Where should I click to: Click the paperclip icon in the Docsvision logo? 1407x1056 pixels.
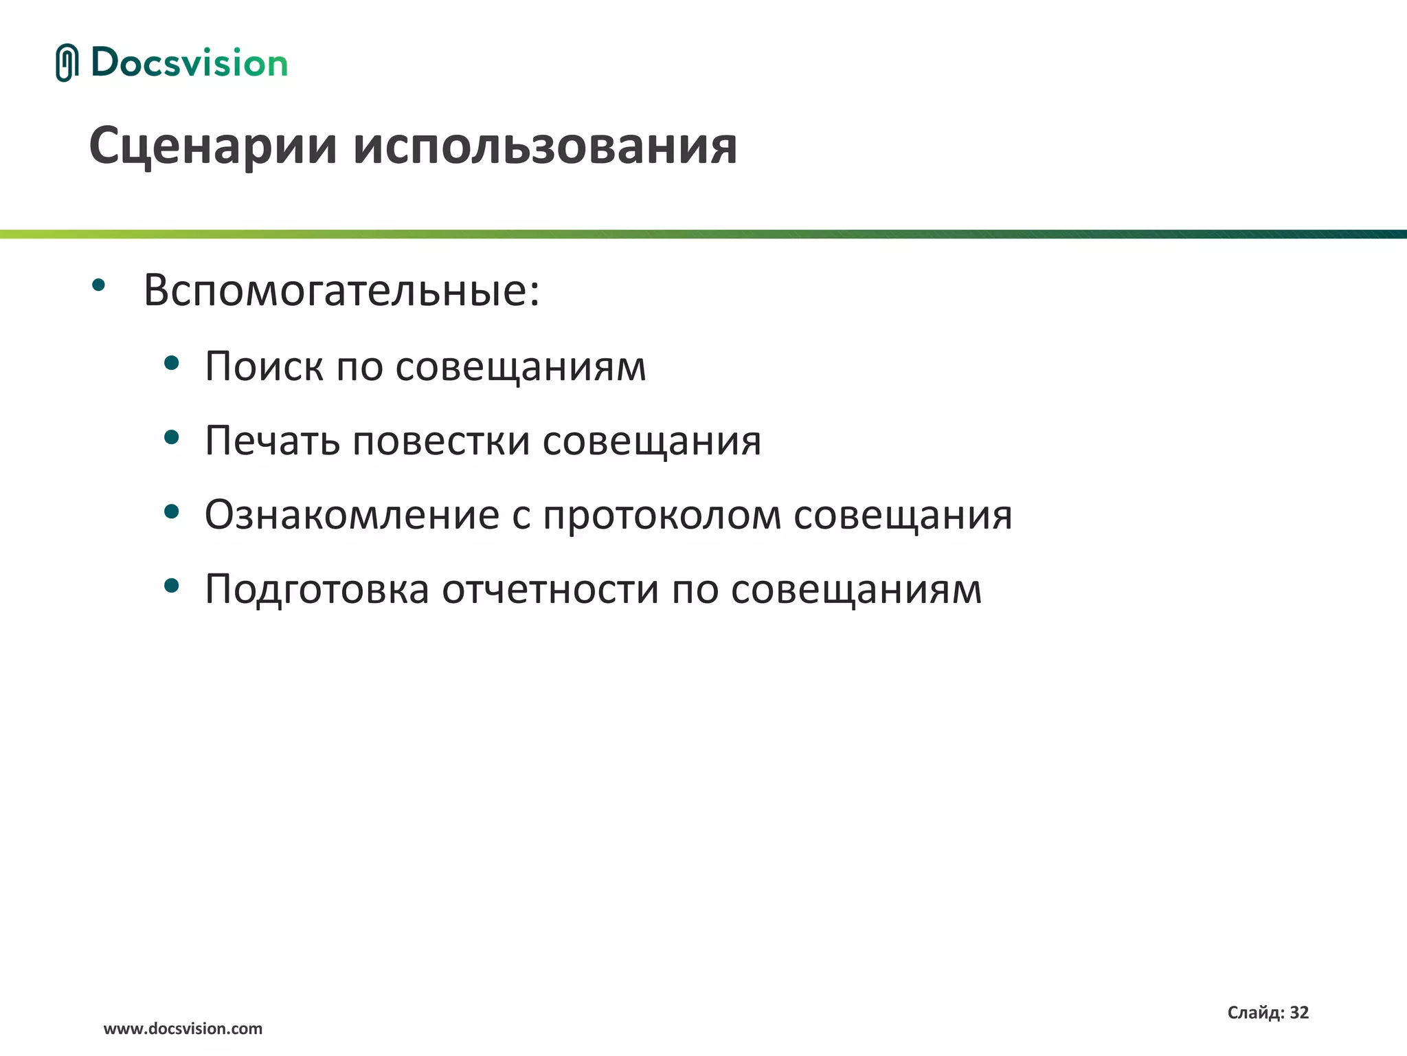67,63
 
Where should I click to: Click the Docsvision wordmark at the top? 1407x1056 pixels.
189,63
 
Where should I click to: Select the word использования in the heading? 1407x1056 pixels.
545,146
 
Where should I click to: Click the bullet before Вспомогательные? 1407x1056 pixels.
99,285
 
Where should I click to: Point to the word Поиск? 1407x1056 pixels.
264,366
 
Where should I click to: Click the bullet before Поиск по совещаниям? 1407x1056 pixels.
172,363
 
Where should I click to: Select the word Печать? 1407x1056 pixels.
272,440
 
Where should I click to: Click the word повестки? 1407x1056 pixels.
441,440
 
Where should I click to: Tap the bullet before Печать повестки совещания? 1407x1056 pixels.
172,437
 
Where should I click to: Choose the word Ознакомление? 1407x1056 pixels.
352,514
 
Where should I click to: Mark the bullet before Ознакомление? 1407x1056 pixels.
172,511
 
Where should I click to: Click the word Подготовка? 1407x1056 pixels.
317,590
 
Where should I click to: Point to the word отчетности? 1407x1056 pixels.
550,590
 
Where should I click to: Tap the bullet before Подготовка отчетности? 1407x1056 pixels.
172,586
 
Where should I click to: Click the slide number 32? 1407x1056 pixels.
1299,1013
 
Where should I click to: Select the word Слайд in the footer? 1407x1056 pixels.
1254,1013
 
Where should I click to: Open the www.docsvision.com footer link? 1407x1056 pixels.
183,1029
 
